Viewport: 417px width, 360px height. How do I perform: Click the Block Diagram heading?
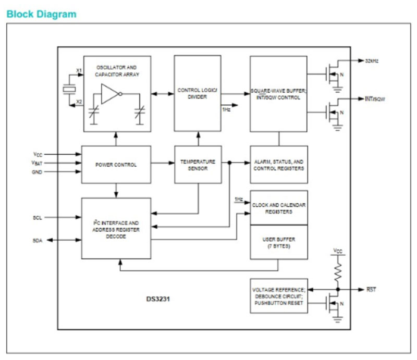42,14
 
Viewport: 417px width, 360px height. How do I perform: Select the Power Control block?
116,165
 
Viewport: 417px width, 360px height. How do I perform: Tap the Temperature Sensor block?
198,165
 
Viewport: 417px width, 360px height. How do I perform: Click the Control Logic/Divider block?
198,93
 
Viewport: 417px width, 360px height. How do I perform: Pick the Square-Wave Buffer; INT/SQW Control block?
278,94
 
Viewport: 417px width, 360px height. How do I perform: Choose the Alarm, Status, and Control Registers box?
278,165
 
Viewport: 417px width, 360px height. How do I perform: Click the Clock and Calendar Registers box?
278,208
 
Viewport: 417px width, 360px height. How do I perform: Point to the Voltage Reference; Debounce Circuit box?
278,295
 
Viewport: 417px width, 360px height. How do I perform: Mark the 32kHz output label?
372,61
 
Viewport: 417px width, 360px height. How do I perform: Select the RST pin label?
371,289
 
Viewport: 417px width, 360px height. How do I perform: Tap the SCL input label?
38,217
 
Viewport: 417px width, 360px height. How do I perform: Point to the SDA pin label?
38,240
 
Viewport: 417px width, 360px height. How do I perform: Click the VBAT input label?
38,163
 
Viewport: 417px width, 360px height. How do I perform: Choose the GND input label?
38,172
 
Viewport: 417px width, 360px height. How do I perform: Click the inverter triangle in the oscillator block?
109,94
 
